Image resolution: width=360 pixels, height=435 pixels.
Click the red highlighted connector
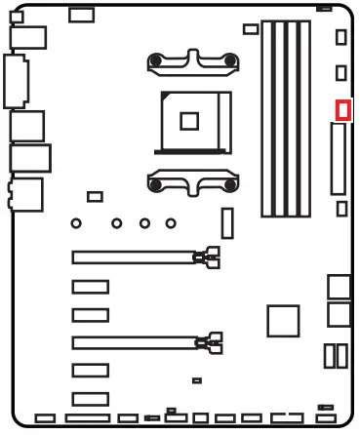[341, 110]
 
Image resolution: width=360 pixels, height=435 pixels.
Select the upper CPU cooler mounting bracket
[191, 62]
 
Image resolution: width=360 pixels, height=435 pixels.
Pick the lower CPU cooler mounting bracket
[191, 180]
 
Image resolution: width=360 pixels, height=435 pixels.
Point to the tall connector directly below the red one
[340, 163]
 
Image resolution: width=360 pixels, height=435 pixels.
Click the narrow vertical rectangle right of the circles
[227, 223]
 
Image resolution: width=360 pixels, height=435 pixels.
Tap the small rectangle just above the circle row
[95, 197]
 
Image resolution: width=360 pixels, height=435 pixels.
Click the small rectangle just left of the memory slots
[251, 29]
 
